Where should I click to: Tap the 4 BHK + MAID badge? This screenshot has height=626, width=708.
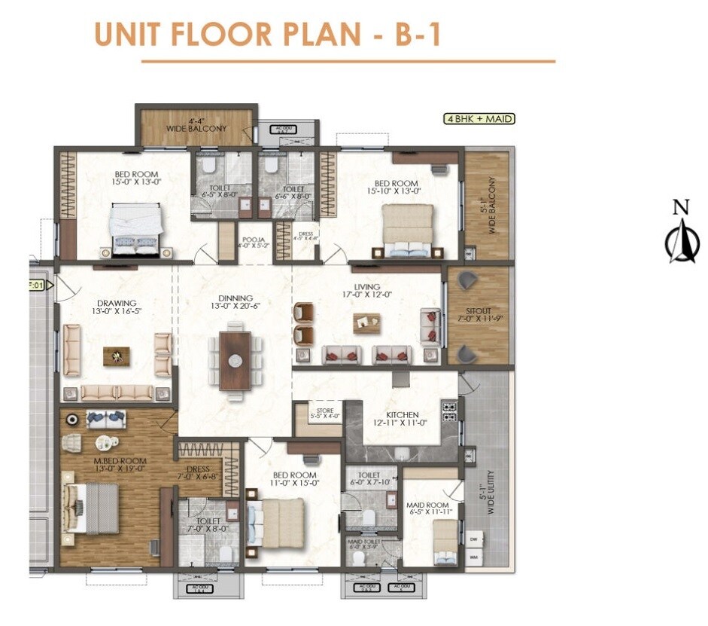(x=478, y=118)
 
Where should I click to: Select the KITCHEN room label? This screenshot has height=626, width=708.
(x=402, y=414)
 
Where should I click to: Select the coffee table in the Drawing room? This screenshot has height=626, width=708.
(x=116, y=356)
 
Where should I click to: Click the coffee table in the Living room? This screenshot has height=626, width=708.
(x=366, y=322)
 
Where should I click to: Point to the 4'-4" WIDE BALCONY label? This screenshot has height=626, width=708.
(x=196, y=124)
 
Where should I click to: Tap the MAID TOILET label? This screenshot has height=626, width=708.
(x=363, y=541)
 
